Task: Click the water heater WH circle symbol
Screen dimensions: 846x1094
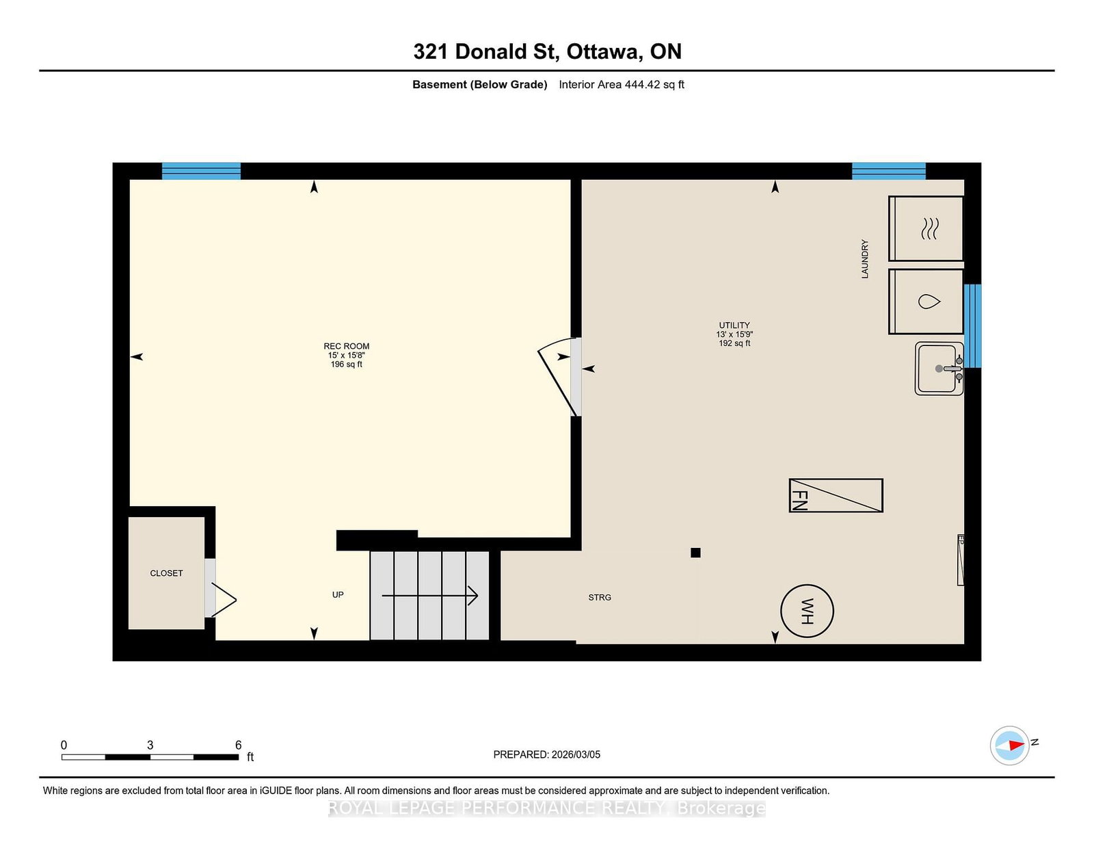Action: pos(807,611)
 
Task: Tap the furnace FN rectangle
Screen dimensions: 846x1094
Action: pos(836,495)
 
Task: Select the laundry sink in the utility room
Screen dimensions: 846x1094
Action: pos(939,369)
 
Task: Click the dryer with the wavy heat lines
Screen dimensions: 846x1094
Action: pos(926,228)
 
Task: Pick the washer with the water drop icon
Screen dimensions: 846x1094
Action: pos(926,302)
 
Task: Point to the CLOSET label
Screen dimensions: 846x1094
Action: pos(166,573)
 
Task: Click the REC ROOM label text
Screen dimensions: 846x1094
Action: pos(346,347)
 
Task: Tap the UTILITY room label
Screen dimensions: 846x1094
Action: pos(734,326)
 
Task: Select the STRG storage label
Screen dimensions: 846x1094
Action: pos(600,597)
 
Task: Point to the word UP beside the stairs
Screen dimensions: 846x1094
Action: pos(338,594)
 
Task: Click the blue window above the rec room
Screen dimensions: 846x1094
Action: pos(201,171)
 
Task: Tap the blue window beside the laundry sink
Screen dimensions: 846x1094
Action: pos(972,326)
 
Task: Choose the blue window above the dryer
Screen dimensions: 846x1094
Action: pos(888,171)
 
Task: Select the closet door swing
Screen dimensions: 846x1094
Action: pos(224,600)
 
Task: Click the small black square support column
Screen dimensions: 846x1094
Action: pos(695,553)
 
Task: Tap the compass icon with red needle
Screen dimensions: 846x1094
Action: pos(1010,745)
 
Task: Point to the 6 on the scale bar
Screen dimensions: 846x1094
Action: pos(238,745)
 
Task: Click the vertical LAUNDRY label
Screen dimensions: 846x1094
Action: pos(864,259)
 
